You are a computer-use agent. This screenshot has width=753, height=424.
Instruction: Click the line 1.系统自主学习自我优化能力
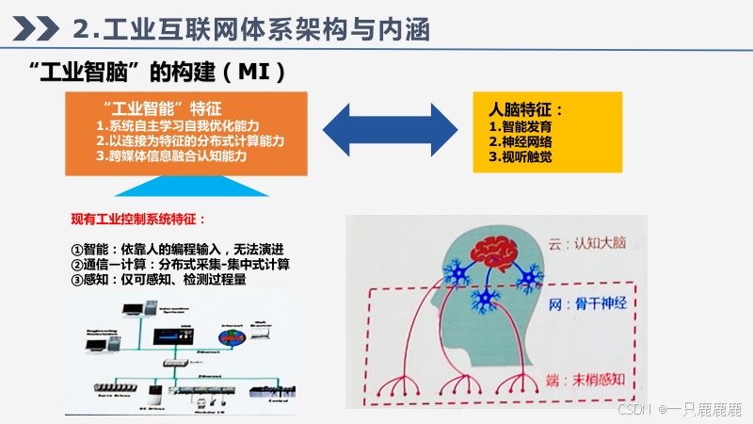178,126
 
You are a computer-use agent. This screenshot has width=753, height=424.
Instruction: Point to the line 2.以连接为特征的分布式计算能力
190,140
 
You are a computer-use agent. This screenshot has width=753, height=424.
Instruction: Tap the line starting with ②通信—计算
180,265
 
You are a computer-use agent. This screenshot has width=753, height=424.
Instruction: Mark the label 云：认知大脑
588,244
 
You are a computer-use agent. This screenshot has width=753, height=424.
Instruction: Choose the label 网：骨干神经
588,304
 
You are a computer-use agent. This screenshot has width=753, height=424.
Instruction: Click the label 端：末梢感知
588,381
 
